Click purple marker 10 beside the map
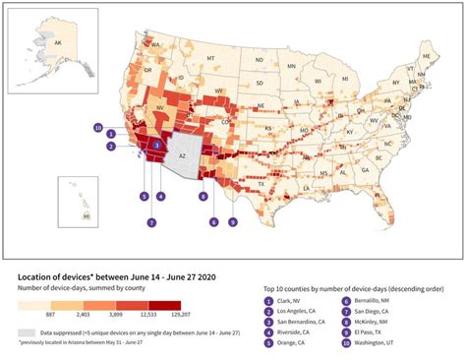[x=97, y=127]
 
